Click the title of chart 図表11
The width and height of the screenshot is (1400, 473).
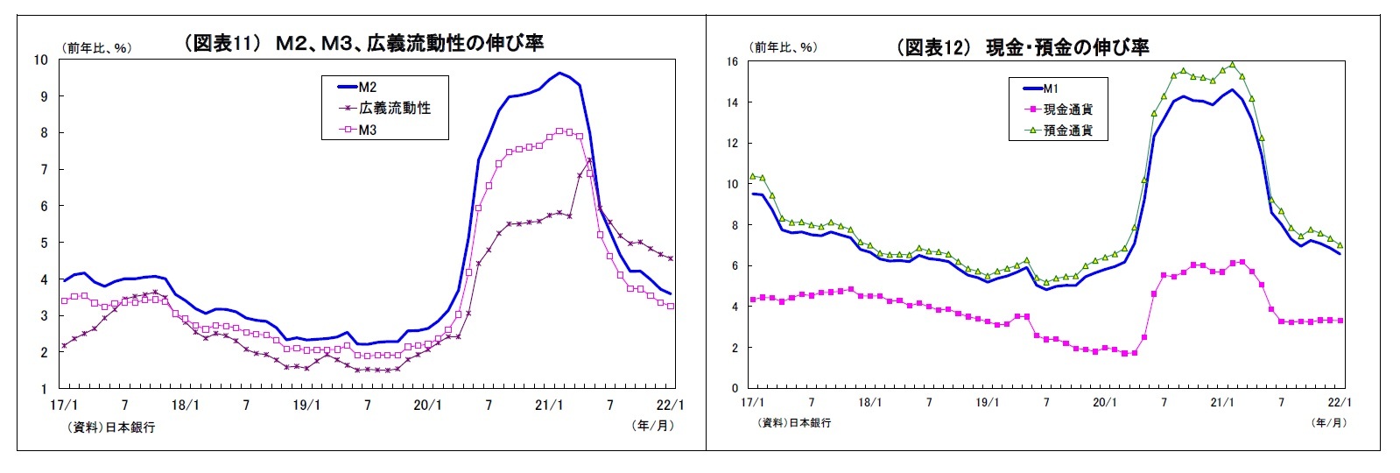click(363, 43)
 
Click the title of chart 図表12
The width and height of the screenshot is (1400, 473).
click(1022, 47)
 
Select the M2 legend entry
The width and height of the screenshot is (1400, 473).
click(368, 87)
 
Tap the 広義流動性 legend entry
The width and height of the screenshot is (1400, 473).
click(394, 108)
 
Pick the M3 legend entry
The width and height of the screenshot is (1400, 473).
click(368, 130)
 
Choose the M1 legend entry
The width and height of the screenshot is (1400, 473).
click(1051, 88)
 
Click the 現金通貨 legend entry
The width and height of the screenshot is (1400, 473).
click(1066, 109)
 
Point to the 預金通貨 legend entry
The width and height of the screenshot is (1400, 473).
click(1066, 131)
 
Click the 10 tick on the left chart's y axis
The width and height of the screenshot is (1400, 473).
click(40, 60)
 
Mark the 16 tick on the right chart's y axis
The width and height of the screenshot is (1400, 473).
click(732, 62)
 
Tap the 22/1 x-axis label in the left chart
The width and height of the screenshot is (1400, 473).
click(671, 406)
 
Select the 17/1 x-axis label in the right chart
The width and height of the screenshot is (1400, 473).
click(752, 402)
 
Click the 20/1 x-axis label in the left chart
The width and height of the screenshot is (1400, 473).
click(427, 406)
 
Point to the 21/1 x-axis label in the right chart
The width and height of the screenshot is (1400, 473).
click(1222, 402)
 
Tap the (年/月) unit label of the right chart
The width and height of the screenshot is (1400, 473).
click(1329, 422)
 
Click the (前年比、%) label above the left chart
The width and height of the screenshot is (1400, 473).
click(96, 48)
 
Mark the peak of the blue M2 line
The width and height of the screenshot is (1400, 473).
click(560, 74)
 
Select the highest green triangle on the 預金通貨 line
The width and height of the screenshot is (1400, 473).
click(1232, 64)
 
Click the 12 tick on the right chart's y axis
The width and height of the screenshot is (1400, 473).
click(732, 144)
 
